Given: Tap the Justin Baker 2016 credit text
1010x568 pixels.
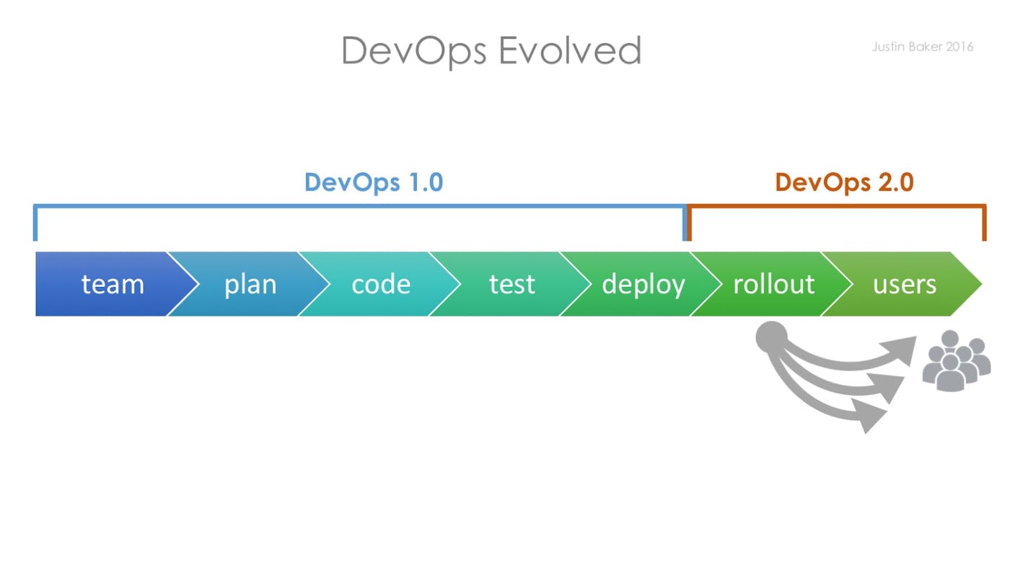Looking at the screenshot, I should click(x=922, y=47).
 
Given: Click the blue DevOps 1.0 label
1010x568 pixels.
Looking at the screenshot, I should click(x=373, y=182).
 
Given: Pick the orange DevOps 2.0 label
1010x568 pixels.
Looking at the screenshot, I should click(x=844, y=182).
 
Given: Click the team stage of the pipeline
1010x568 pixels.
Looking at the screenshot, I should click(x=112, y=284).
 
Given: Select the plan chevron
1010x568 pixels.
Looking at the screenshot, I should click(x=250, y=284).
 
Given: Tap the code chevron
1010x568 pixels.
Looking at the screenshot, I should click(x=381, y=284).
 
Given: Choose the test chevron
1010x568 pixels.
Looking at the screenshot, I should click(x=511, y=284).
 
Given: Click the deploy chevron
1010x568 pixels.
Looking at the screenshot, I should click(x=643, y=284).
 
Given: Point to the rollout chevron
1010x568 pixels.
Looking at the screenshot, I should click(x=773, y=284).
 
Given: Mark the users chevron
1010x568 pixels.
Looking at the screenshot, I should click(x=905, y=284).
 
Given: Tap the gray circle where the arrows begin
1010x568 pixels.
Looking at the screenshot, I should click(x=772, y=336).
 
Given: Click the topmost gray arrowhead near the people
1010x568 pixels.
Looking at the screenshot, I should click(x=903, y=349).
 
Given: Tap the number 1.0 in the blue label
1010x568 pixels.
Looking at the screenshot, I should click(x=422, y=182).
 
